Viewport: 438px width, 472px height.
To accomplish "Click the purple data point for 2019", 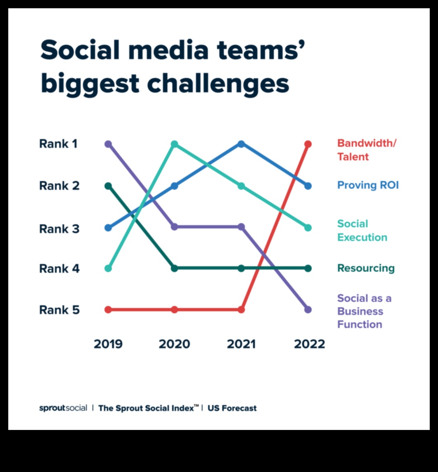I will pyautogui.click(x=108, y=144).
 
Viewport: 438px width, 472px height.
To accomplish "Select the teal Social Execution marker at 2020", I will pyautogui.click(x=174, y=144).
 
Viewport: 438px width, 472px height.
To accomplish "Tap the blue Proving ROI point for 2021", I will pyautogui.click(x=241, y=144).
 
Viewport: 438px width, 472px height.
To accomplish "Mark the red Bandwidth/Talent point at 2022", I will pyautogui.click(x=308, y=144).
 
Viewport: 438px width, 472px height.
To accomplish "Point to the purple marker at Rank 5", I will pyautogui.click(x=308, y=310).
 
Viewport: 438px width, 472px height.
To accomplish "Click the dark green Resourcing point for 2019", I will pyautogui.click(x=108, y=186).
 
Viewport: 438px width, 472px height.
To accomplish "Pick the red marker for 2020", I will pyautogui.click(x=174, y=310).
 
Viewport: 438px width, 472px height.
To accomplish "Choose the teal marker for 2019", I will pyautogui.click(x=108, y=269).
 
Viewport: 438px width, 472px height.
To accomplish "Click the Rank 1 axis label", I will pyautogui.click(x=58, y=144).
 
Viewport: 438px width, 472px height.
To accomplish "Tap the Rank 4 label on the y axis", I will pyautogui.click(x=59, y=269).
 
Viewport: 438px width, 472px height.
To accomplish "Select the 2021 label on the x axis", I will pyautogui.click(x=241, y=344).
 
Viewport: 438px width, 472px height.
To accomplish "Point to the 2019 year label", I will pyautogui.click(x=108, y=344).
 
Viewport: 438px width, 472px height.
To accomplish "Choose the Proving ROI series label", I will pyautogui.click(x=368, y=185).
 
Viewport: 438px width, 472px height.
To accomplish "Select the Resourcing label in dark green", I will pyautogui.click(x=366, y=269).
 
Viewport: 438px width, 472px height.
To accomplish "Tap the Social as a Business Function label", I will pyautogui.click(x=364, y=311).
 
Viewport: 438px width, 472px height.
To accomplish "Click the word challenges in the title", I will pyautogui.click(x=218, y=84).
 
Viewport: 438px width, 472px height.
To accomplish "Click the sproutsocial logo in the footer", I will pyautogui.click(x=63, y=408).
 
